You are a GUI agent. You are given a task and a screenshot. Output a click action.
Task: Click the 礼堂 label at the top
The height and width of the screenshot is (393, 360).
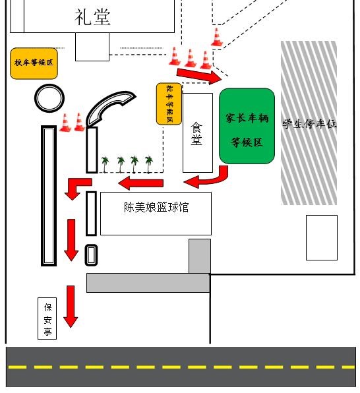pos(92,17)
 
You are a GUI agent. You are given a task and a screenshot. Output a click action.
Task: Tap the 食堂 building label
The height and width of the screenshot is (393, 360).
pos(196,134)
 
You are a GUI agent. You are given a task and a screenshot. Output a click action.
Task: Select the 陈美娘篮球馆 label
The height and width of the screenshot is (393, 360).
pos(156,207)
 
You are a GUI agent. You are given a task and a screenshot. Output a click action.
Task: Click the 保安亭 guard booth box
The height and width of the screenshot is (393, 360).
pos(47,318)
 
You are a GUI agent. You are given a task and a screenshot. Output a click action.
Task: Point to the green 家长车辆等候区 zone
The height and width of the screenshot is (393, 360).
pos(247,126)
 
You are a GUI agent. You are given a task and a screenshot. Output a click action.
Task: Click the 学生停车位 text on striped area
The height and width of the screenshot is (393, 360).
pos(310,124)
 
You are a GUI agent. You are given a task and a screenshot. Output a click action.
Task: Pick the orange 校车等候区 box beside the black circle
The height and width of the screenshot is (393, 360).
pos(34,63)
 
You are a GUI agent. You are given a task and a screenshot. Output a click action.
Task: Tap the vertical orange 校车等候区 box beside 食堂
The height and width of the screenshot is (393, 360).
pos(169,104)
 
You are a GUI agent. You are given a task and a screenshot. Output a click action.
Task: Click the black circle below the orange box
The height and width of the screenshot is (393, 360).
pos(49,98)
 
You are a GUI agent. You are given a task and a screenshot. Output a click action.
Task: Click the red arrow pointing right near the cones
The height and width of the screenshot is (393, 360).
pos(199,76)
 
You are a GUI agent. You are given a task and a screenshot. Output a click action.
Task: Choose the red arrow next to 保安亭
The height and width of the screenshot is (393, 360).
pos(71,306)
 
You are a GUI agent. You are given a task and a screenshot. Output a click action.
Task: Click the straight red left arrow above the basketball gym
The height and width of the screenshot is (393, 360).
pos(141,183)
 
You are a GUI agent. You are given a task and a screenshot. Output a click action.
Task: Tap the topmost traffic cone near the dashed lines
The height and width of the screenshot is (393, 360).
pos(217,37)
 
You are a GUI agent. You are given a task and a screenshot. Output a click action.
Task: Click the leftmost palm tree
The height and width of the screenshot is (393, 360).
pos(105,164)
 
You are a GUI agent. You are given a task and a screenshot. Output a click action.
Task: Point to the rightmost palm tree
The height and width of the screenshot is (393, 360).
pos(149,164)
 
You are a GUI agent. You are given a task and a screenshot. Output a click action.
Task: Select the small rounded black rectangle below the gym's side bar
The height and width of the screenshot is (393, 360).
pos(91,255)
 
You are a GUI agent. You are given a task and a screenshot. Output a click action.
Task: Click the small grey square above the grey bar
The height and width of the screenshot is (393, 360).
pos(200,256)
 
